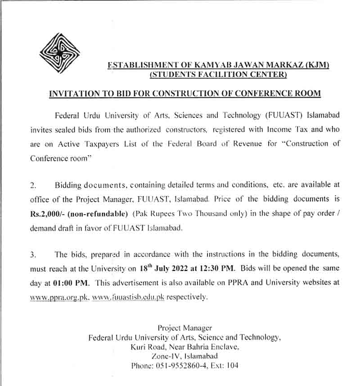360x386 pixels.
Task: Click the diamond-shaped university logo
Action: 59,54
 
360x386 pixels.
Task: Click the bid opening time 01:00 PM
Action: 73,283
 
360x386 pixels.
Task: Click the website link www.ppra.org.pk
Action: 59,297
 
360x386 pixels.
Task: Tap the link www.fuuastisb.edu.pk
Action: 128,297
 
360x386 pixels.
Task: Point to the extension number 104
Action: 232,366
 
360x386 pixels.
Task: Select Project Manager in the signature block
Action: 184,328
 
